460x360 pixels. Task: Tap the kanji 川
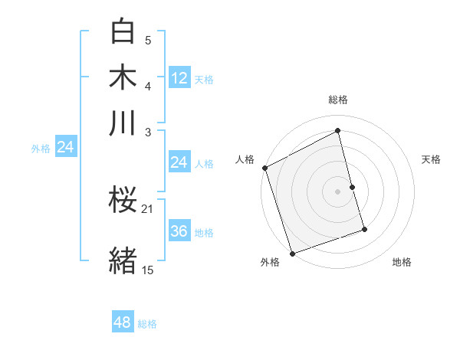coord(123,123)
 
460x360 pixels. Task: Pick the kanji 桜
coord(123,201)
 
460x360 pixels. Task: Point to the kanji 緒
coord(123,260)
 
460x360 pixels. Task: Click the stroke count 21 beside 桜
coord(148,208)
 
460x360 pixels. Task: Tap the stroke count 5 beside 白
coord(148,40)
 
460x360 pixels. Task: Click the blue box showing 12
coord(179,78)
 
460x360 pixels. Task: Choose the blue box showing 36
coord(179,231)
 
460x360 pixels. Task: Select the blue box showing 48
coord(123,322)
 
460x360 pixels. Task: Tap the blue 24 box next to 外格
coord(65,147)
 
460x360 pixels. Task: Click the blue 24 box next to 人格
coord(179,162)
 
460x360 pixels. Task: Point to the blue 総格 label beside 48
coord(147,324)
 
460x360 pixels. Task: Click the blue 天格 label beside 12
coord(204,80)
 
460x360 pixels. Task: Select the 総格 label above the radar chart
coord(338,100)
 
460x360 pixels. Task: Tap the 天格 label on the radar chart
coord(432,159)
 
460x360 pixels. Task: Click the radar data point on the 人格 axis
coord(264,168)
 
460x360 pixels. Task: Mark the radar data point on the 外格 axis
coord(292,254)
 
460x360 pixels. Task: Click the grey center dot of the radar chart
coord(338,191)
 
